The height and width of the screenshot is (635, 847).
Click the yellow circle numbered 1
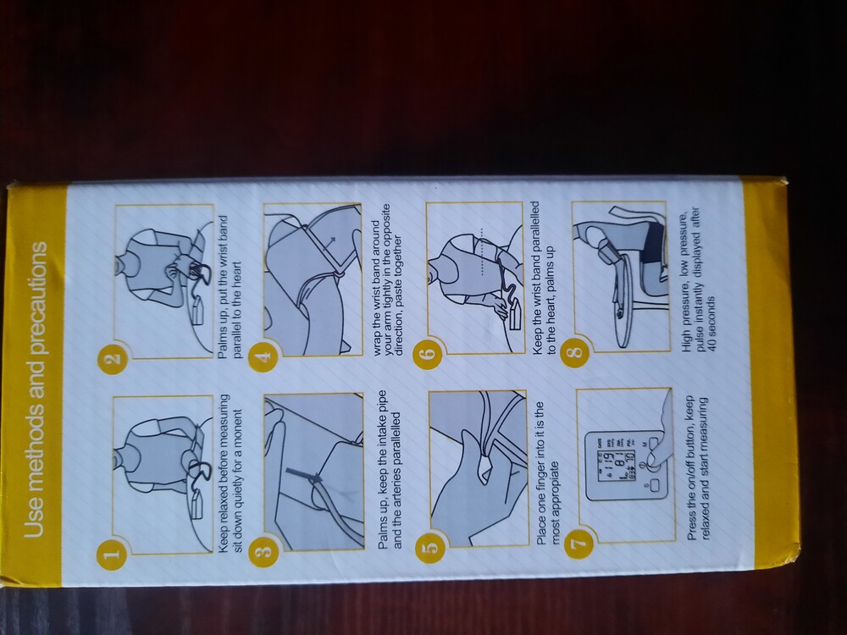[x=112, y=553]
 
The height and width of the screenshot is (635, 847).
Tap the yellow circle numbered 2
[x=113, y=358]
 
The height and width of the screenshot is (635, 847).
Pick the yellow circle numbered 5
[x=430, y=548]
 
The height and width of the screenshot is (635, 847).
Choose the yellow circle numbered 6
[x=428, y=354]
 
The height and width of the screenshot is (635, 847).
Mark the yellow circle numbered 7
[x=579, y=541]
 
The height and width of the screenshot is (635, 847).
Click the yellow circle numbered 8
[x=576, y=352]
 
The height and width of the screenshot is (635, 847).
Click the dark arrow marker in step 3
[x=303, y=474]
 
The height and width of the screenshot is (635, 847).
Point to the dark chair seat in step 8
[x=655, y=244]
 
